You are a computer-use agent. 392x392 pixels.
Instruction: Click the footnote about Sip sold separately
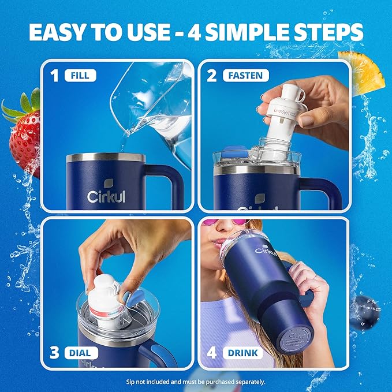point(196,382)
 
